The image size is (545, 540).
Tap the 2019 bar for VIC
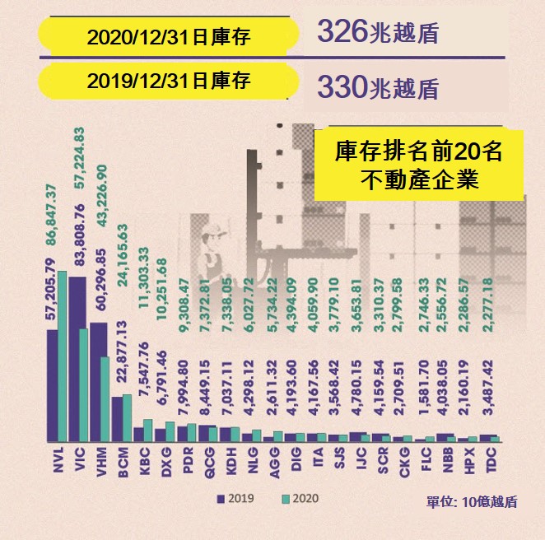click(77, 359)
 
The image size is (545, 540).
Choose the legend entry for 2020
click(298, 498)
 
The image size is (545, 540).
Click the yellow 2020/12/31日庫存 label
click(169, 36)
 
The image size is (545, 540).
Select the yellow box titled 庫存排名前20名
click(419, 164)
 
